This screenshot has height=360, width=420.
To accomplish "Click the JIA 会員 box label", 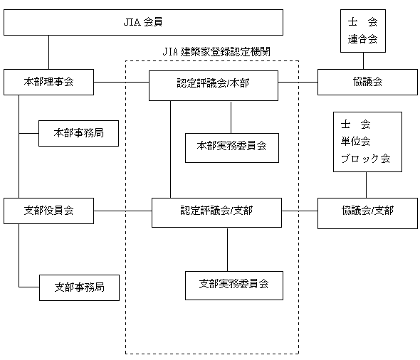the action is point(143,22).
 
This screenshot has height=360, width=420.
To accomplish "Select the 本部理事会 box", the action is point(48,82).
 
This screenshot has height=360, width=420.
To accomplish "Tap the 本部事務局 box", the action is point(79,133).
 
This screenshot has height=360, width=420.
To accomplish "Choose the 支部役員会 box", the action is point(48,211).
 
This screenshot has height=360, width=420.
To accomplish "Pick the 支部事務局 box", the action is point(79,287).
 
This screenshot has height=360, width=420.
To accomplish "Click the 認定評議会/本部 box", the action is point(214,85).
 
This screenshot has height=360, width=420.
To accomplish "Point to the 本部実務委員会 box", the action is point(232,148).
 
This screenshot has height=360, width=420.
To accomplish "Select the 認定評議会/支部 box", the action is point(216,213).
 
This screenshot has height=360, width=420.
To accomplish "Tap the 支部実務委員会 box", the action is point(234,285).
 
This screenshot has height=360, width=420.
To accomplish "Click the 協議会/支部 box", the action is point(367,213).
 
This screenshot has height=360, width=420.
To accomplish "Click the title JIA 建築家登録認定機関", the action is point(216,52).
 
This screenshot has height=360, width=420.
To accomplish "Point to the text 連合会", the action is point(362,39).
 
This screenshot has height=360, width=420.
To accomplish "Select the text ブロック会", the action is point(366,159).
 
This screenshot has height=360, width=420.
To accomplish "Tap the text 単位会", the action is point(355,142).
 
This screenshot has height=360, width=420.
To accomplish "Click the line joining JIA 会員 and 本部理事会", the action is point(48,52).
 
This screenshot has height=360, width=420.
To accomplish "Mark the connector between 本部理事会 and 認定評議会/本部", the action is point(121,82).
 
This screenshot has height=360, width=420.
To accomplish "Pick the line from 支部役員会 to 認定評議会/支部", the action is point(122,211).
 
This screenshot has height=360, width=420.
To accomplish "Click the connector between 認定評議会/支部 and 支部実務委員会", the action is point(227,250).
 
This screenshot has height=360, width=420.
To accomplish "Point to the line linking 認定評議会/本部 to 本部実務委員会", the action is point(231,117).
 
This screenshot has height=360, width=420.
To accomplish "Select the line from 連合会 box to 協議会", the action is point(363,60).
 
